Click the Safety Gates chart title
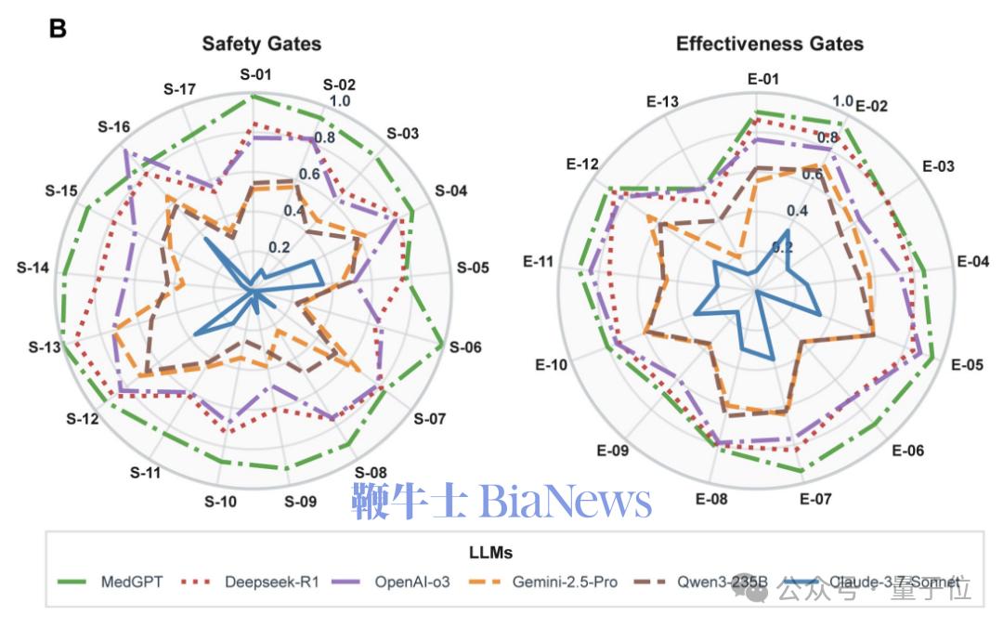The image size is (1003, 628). click(x=262, y=44)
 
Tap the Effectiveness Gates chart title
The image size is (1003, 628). click(x=769, y=44)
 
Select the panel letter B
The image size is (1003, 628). click(x=58, y=29)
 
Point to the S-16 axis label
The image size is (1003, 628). click(x=113, y=126)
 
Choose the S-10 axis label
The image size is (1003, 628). click(x=221, y=502)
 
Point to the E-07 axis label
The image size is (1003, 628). click(x=815, y=500)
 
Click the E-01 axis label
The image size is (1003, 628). click(x=762, y=78)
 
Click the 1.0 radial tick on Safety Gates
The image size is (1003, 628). click(x=340, y=101)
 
